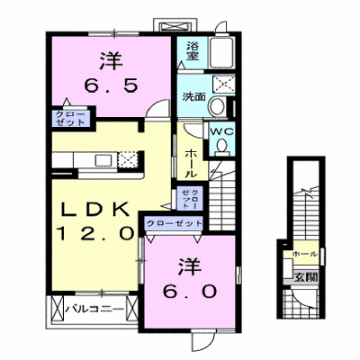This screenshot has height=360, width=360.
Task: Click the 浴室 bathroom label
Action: (193, 51)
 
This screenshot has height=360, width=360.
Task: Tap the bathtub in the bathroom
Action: (221, 53)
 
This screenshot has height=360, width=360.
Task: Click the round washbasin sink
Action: (218, 106)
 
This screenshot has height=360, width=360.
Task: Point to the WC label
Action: (221, 131)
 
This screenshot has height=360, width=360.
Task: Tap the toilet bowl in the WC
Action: (222, 147)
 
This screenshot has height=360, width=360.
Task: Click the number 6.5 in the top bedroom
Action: (111, 85)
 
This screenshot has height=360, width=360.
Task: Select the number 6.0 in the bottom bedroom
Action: (190, 291)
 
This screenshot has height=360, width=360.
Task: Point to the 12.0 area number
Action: (95, 233)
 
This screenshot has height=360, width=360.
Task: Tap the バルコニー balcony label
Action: (94, 309)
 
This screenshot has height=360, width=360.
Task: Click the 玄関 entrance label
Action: (305, 277)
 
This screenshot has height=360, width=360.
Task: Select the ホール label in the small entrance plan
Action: (305, 255)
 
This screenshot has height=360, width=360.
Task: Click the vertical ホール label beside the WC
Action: (191, 163)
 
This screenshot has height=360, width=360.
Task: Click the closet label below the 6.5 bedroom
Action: (70, 118)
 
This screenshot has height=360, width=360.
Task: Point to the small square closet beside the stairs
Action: (190, 198)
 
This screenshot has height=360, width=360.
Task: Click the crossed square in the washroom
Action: (222, 83)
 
